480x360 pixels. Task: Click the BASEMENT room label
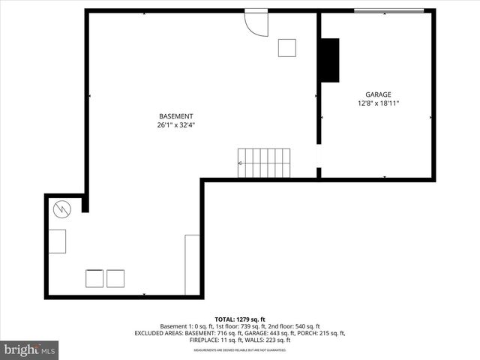click(x=176, y=116)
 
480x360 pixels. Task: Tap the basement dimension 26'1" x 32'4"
click(x=176, y=125)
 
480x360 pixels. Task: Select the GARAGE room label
click(x=378, y=94)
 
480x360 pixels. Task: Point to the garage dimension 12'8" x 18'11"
click(x=378, y=103)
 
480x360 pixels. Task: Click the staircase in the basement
click(x=264, y=163)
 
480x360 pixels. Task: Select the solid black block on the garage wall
click(x=329, y=59)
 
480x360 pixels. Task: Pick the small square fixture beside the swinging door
click(x=287, y=47)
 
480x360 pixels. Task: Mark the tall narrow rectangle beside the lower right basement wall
click(x=192, y=264)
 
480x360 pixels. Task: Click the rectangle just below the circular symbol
click(x=58, y=241)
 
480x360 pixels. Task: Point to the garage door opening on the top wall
click(x=388, y=11)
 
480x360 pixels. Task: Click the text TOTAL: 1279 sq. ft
click(x=239, y=319)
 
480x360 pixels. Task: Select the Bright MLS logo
click(x=30, y=349)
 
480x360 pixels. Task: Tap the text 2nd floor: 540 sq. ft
click(x=292, y=326)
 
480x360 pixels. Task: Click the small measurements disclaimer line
click(x=239, y=350)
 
